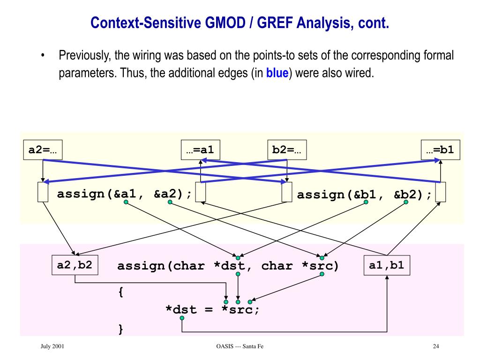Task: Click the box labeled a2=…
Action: coord(43,150)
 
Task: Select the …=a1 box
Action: coord(201,150)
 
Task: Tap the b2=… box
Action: coord(286,150)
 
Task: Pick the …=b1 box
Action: coord(440,150)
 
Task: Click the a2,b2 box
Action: coord(75,265)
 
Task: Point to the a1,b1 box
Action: coord(387,265)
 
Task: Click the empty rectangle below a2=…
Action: coord(43,193)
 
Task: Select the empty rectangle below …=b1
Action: coord(440,193)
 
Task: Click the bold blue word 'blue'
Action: coord(277,74)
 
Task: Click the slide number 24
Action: coord(436,346)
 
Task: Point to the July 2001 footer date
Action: coord(52,346)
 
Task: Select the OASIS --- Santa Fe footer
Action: coord(240,346)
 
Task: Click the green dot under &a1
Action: coord(126,202)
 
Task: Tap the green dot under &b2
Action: coord(406,202)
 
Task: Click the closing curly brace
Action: coord(121,330)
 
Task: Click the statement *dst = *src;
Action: coord(212,310)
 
